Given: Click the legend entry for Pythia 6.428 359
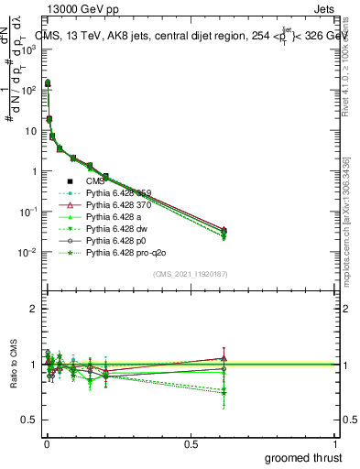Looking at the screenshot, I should coord(115,192).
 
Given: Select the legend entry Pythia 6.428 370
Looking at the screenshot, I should coord(115,204).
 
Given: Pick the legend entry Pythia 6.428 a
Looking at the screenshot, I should coord(109,216).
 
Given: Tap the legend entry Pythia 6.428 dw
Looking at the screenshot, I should coord(112,228).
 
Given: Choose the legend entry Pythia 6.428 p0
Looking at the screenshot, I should coord(111,240).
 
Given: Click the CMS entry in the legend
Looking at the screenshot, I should coord(95,180).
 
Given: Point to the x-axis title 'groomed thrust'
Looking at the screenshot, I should coord(303,456).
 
